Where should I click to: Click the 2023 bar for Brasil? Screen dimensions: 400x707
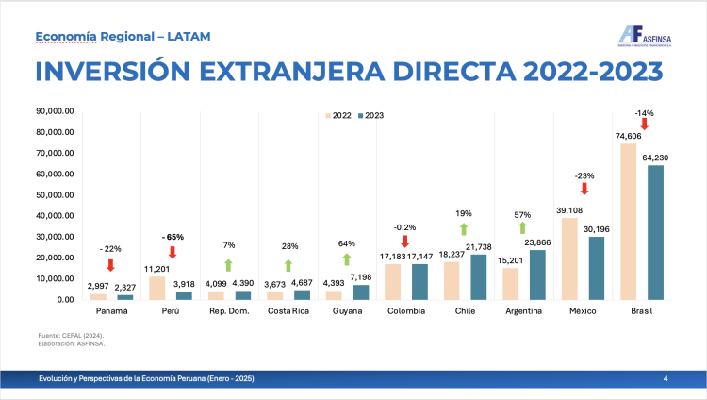click(x=656, y=232)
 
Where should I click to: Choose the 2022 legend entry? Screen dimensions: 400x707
click(x=338, y=115)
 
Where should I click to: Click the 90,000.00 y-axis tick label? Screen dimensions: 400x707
click(x=55, y=110)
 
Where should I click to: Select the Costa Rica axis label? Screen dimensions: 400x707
click(x=288, y=310)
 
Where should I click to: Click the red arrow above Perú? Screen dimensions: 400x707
click(x=172, y=252)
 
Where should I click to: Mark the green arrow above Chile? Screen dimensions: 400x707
click(x=464, y=228)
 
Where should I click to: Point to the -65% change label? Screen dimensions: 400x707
click(x=172, y=236)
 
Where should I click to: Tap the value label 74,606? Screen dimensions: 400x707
click(x=627, y=136)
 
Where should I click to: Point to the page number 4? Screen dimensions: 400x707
click(x=666, y=378)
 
